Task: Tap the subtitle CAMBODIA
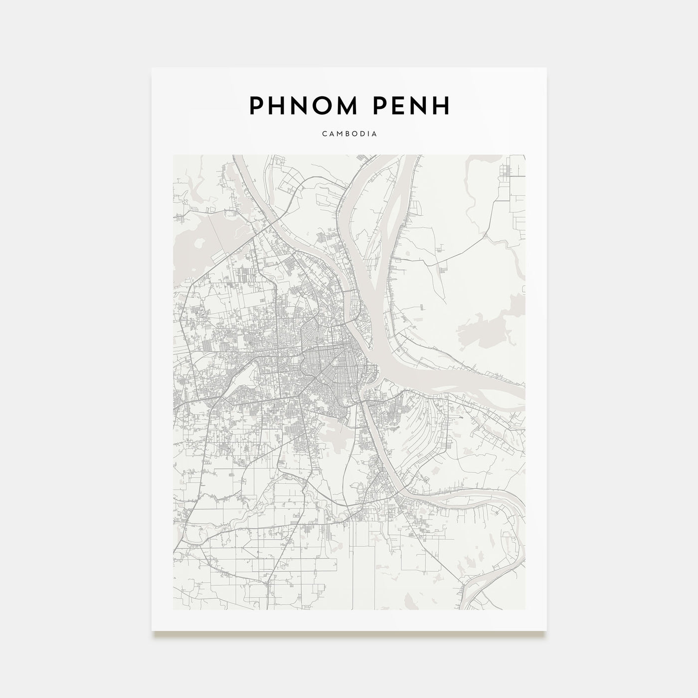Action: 349,134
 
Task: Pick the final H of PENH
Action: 442,105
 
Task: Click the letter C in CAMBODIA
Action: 325,134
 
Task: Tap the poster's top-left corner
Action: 153,68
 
